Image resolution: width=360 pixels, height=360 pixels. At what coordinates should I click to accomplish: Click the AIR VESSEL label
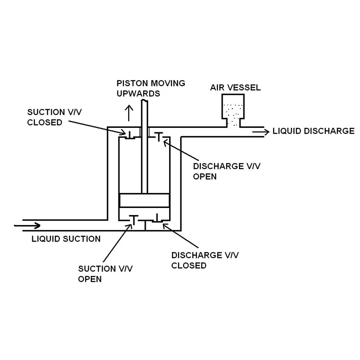pos(235,88)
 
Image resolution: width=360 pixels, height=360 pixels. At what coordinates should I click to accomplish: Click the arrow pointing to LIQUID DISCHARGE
pos(260,131)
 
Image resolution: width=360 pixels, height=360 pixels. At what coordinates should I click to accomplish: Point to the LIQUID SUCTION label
pos(66,238)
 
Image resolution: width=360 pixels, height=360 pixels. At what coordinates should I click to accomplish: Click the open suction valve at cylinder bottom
pos(134,220)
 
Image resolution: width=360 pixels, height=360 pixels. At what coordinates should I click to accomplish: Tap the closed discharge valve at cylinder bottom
pos(157,220)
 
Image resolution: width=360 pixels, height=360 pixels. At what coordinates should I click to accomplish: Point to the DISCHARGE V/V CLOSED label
pos(205,260)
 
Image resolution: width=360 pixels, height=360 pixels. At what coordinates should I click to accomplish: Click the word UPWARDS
pos(138,93)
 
